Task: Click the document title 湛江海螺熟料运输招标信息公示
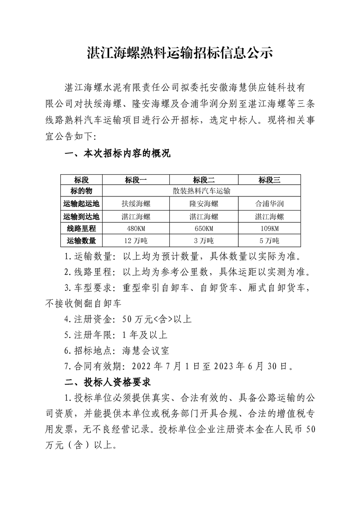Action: click(x=180, y=53)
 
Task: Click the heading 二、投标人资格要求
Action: click(x=109, y=380)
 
